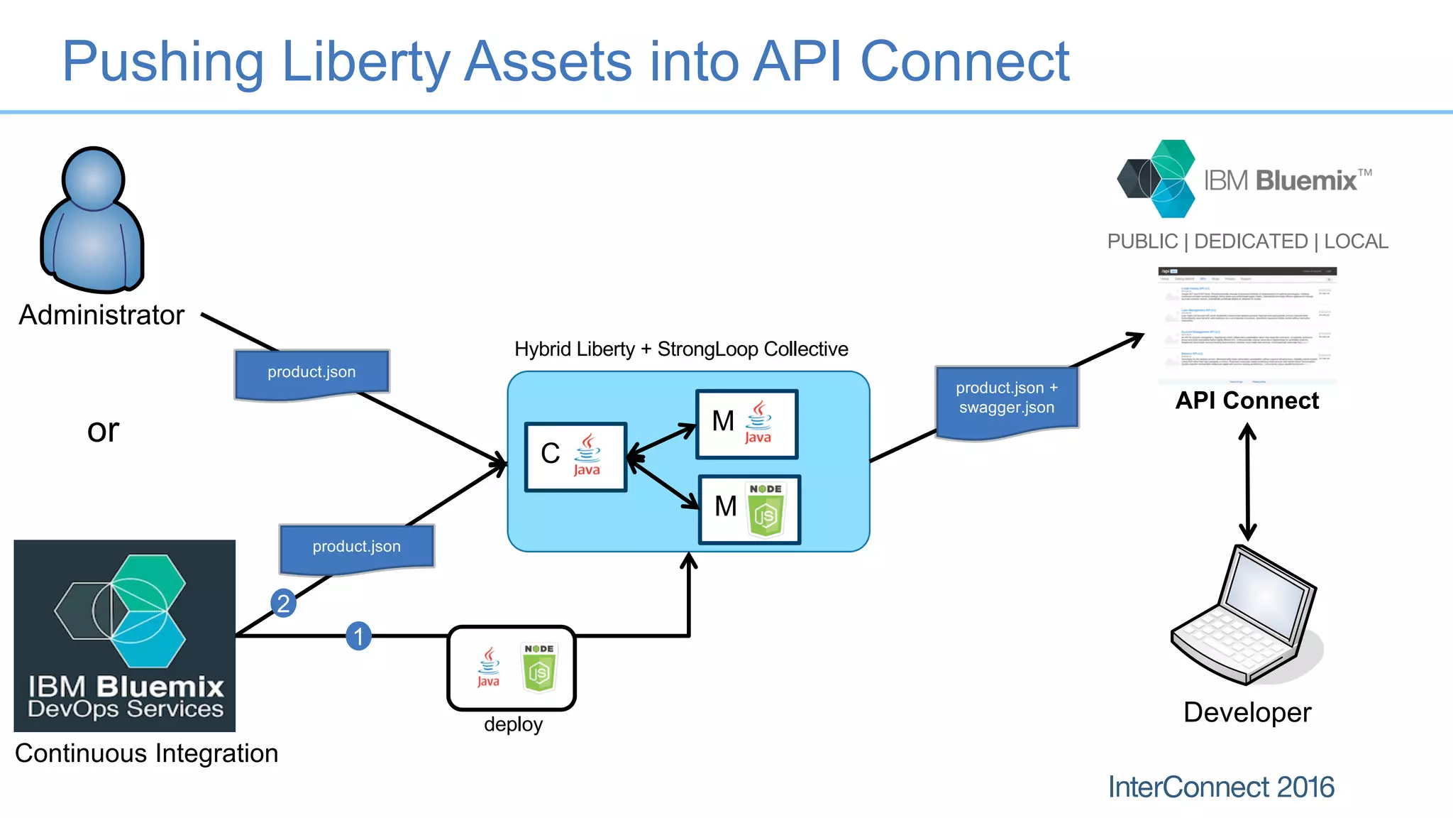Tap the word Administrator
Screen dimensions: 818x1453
coord(101,315)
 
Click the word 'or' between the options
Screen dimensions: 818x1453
coord(103,430)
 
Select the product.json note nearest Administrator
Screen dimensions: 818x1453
coord(311,373)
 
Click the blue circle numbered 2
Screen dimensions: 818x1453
coord(283,604)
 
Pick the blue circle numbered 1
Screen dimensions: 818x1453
coord(358,636)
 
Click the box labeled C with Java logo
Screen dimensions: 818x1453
coord(575,457)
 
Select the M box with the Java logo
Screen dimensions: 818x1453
coord(746,424)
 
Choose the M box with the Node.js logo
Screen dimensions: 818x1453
coord(749,509)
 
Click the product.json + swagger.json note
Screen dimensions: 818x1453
coord(1006,399)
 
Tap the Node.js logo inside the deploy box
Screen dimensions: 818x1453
coord(539,667)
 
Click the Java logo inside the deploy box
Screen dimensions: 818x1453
coord(488,667)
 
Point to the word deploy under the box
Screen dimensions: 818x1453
coord(513,724)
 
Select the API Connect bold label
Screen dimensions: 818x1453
coord(1247,400)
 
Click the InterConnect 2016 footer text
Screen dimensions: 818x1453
coord(1220,787)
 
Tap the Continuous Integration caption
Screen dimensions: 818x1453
coord(146,753)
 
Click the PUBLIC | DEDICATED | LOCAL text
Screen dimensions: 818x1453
coord(1247,241)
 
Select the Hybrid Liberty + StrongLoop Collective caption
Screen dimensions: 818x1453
coord(681,349)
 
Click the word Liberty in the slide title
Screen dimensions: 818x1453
coord(365,62)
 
